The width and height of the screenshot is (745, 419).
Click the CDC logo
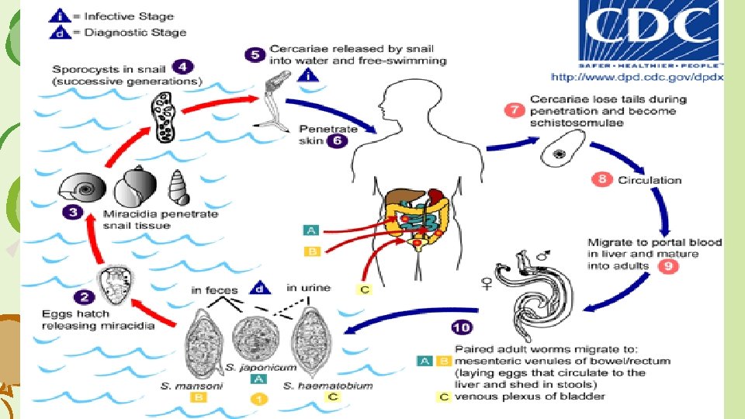click(x=650, y=33)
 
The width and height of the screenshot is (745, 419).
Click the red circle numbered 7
click(x=514, y=109)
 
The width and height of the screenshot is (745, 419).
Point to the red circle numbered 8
click(x=601, y=179)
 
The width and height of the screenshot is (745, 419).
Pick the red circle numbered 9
click(x=667, y=266)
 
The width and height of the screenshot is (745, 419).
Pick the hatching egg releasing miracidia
click(x=116, y=284)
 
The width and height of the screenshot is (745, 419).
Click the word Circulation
click(x=650, y=180)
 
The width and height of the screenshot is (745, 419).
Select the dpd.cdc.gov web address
click(x=636, y=78)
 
